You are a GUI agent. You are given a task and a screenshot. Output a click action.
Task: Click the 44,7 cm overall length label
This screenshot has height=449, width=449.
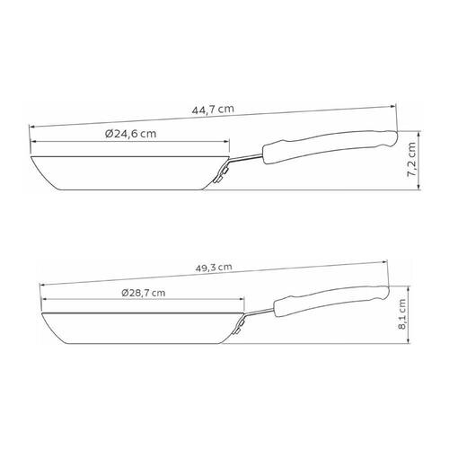coord(213,110)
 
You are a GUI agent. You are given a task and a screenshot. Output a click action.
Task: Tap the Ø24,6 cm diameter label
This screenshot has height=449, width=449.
coord(131,134)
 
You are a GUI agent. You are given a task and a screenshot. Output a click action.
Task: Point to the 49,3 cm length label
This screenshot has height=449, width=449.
coord(214,268)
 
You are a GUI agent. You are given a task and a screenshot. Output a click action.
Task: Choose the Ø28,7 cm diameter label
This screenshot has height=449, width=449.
coord(144,293)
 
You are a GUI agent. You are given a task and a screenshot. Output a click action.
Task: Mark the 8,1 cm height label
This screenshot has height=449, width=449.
coord(402,314)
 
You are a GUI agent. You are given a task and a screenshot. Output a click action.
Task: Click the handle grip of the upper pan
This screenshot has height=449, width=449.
coord(330,146)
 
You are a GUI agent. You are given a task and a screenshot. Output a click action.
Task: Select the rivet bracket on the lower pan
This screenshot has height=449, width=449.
coord(238,327)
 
